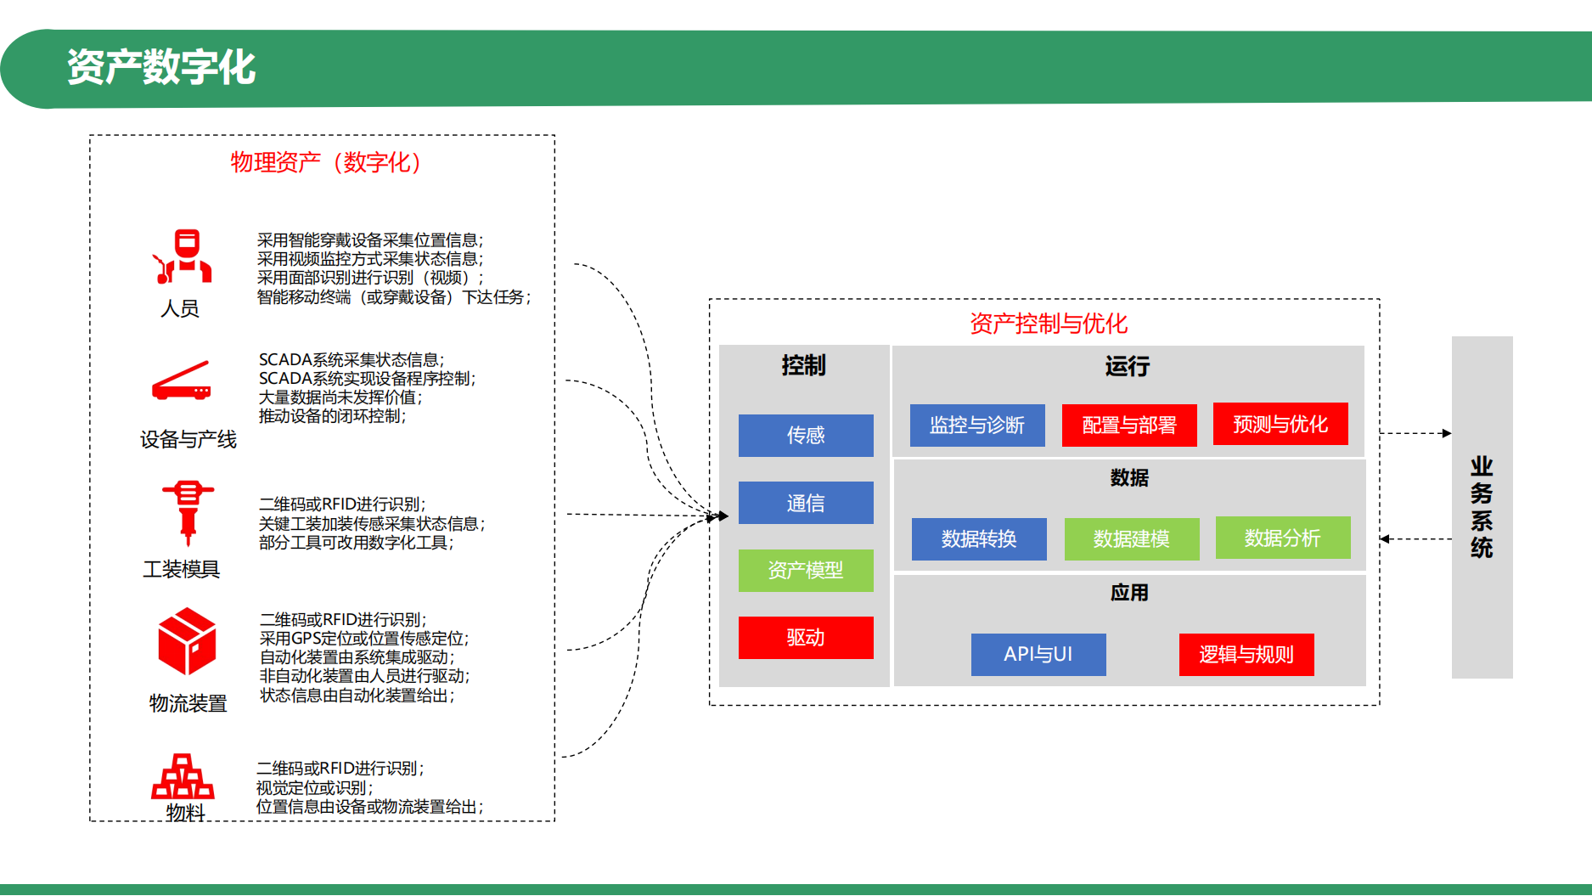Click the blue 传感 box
(x=805, y=436)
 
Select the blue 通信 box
(x=805, y=503)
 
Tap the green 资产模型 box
(x=805, y=570)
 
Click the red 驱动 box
(x=805, y=637)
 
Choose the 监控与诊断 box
(x=976, y=425)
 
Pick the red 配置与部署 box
(x=1128, y=425)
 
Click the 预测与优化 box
(x=1280, y=424)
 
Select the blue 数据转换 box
(x=978, y=538)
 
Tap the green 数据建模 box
(x=1131, y=538)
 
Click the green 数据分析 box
(x=1282, y=538)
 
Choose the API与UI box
(x=1038, y=654)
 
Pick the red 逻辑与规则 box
(x=1246, y=654)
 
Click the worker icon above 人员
(x=183, y=256)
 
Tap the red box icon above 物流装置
(x=187, y=640)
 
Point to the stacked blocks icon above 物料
(x=183, y=776)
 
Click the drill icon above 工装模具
(x=188, y=511)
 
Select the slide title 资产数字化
(x=161, y=67)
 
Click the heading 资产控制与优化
(x=1048, y=324)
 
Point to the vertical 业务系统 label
(x=1482, y=507)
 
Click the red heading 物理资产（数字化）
(x=326, y=162)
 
